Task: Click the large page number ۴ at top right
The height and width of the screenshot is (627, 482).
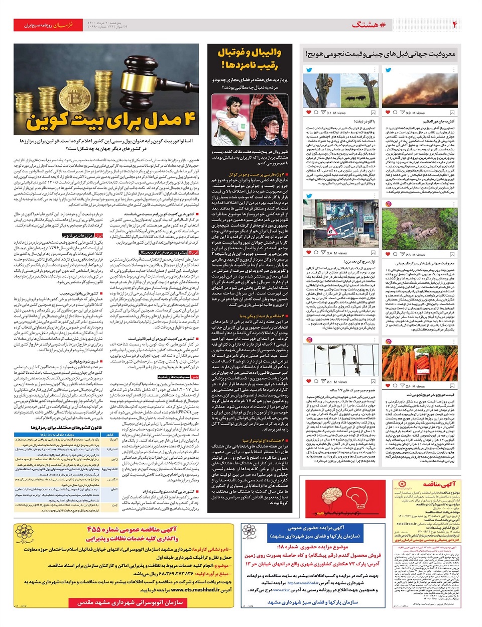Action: coord(455,25)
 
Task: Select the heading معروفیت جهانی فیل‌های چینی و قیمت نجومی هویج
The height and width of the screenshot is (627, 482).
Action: coord(381,54)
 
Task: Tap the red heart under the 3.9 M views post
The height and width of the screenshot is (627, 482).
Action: coord(388,113)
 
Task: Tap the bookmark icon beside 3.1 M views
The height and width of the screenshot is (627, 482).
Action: coord(373,113)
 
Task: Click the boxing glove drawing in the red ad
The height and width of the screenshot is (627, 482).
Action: coord(369,496)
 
